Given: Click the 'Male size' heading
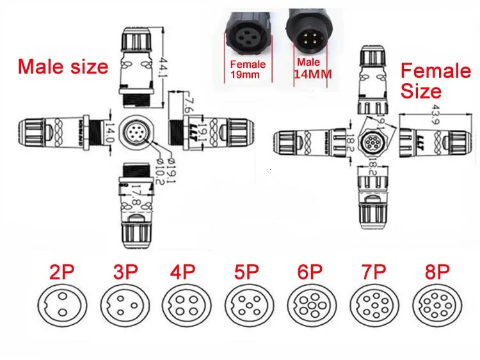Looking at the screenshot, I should pyautogui.click(x=63, y=67).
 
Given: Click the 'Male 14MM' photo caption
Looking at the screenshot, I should pyautogui.click(x=312, y=68).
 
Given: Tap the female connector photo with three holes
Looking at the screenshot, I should pyautogui.click(x=250, y=31).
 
